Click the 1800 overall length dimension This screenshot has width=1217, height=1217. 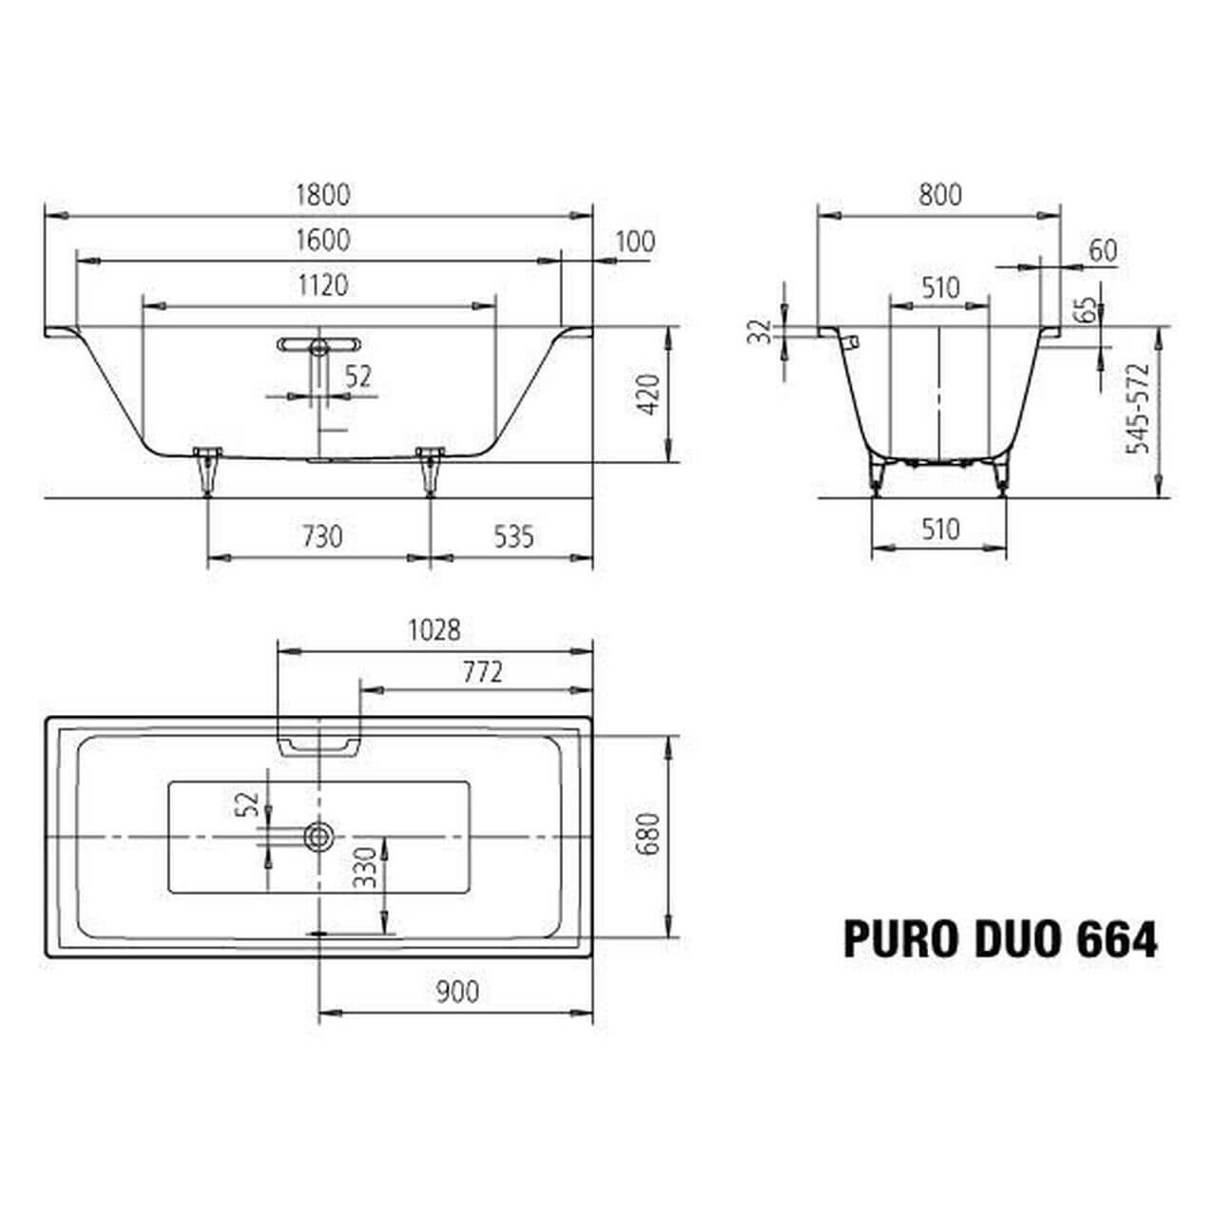click(x=322, y=195)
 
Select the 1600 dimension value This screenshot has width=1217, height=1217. click(x=322, y=241)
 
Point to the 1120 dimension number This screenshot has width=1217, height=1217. click(x=322, y=285)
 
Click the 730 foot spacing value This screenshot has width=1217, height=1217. click(x=322, y=537)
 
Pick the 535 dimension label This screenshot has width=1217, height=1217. click(x=513, y=537)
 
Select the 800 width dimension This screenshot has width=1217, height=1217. click(x=939, y=195)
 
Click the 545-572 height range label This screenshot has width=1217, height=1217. click(x=1137, y=408)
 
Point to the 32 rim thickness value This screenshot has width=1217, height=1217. click(x=759, y=332)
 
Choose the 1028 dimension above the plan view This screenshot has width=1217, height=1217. click(x=434, y=629)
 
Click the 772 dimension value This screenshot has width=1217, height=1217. click(x=482, y=672)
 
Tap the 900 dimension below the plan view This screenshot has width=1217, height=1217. click(x=457, y=992)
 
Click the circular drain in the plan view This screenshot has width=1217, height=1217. click(x=318, y=837)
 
